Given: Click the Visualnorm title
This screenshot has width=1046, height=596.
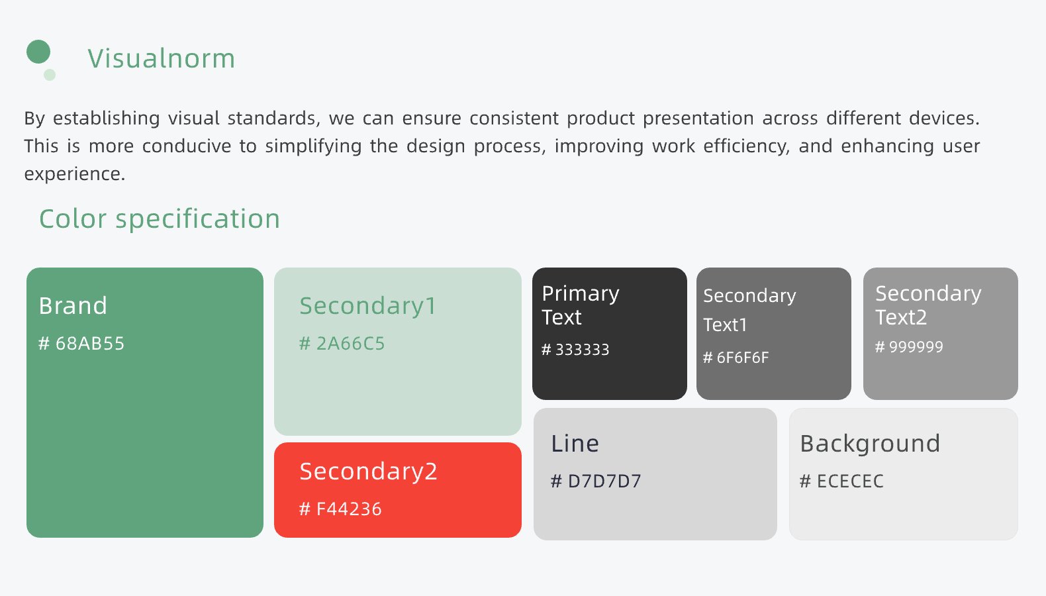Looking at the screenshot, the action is tap(161, 58).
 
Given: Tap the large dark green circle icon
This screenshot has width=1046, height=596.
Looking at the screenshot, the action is tap(38, 52).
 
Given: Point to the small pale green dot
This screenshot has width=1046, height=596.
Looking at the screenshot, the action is tap(50, 75).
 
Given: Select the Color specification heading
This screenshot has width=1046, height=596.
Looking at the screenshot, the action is tap(160, 219).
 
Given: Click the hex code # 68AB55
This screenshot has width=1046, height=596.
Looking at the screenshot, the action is tap(81, 343).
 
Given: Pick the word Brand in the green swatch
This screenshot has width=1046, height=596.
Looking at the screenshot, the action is tap(73, 306).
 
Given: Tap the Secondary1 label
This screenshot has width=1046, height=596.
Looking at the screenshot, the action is tap(367, 307).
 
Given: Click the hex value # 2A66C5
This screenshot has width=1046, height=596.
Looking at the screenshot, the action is tap(342, 343).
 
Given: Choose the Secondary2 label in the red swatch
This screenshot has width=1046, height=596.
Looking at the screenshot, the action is tap(369, 471).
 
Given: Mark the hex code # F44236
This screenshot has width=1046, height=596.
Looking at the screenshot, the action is tap(340, 509).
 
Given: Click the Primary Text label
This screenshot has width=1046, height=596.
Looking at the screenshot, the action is tap(581, 305).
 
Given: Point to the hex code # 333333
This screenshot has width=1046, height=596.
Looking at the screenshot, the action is tap(575, 350).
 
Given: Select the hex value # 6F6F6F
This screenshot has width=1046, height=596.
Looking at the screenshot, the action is tap(736, 358).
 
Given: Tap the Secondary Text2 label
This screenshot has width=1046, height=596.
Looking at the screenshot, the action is tap(928, 305).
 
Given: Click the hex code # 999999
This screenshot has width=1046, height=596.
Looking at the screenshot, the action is tap(909, 346).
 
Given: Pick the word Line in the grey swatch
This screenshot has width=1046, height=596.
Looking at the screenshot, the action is tap(575, 444).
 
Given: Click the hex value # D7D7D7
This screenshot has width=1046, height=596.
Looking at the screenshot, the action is tap(596, 481).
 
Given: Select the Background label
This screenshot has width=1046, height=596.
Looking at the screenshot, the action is tap(870, 444).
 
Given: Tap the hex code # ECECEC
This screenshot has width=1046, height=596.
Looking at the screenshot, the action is tap(842, 481).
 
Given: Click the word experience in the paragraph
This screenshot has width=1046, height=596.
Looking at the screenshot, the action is tap(75, 174).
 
